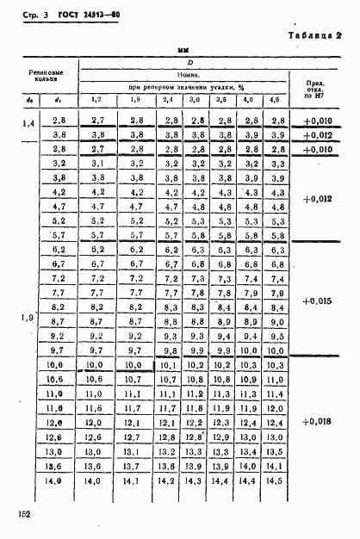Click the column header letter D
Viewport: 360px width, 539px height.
tap(186, 64)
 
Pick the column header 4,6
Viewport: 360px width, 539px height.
tap(276, 101)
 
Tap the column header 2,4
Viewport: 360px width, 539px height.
tap(168, 101)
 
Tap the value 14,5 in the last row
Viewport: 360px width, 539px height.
tap(276, 480)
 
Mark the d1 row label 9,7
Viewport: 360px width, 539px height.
tap(60, 350)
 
